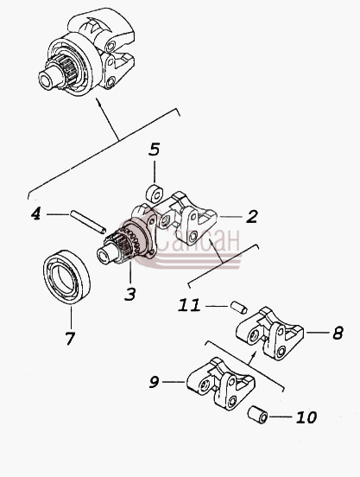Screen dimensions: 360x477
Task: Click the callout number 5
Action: pos(155,149)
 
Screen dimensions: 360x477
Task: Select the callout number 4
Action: pos(36,213)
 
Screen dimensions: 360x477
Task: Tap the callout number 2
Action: pos(251,217)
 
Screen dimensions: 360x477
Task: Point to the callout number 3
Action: pos(130,294)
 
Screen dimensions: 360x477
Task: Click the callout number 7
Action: pos(70,338)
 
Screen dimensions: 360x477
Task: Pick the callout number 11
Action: pos(189,305)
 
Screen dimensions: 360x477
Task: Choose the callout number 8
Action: pos(338,333)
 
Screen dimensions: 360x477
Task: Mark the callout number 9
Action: pos(154,382)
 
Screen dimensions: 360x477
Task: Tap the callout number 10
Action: pos(306,417)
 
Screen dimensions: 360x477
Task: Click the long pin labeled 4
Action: pos(88,221)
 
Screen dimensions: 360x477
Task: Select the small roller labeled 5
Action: pos(155,193)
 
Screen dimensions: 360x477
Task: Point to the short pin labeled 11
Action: pos(238,308)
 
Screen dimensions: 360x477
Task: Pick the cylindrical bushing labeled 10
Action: pos(257,415)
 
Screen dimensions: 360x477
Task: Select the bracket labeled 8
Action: pos(269,334)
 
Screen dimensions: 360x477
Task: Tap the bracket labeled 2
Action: pos(186,218)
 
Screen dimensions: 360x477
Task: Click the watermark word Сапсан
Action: pos(198,240)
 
